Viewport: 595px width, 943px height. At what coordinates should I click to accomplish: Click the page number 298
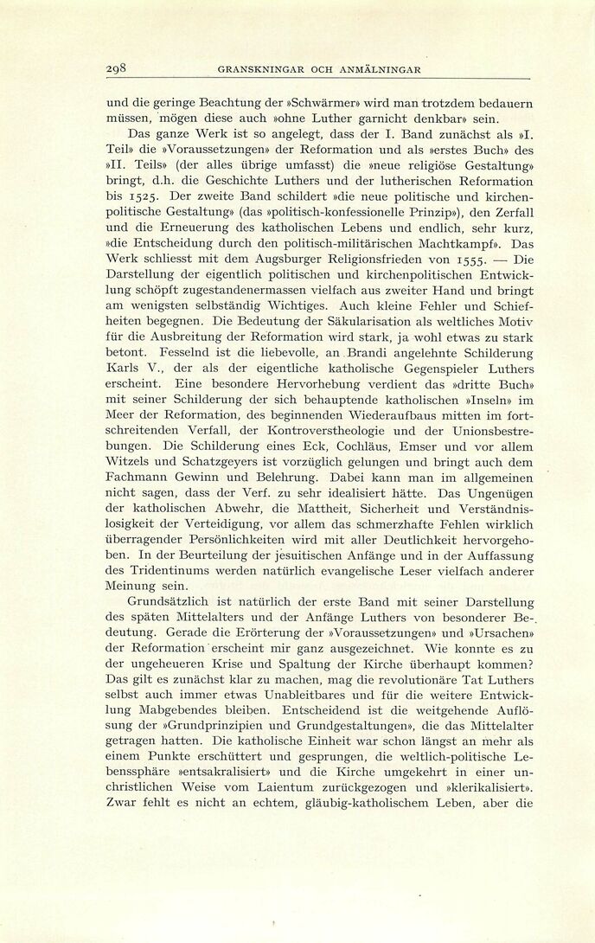(x=117, y=69)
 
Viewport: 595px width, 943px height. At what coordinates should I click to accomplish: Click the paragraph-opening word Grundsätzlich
(x=174, y=602)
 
